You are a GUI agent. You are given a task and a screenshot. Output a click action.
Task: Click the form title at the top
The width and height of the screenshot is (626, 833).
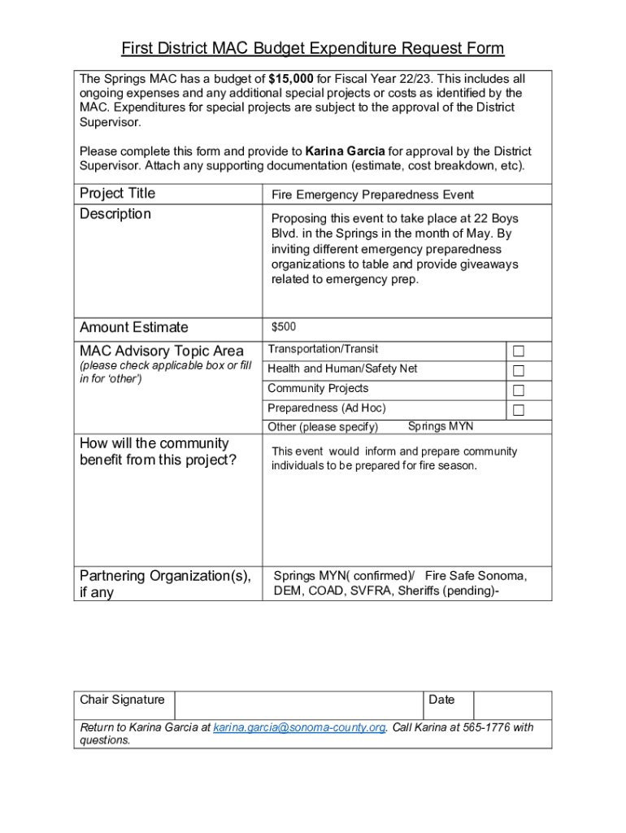313,49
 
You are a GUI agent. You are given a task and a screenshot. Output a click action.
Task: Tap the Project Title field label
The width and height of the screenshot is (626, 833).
117,194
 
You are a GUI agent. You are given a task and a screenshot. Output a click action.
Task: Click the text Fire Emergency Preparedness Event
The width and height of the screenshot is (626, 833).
372,195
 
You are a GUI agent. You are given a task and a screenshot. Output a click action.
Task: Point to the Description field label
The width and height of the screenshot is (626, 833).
115,214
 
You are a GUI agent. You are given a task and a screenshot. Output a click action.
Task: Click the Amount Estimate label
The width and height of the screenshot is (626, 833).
133,328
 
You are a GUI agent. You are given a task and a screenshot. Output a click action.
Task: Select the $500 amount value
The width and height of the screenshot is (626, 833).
284,327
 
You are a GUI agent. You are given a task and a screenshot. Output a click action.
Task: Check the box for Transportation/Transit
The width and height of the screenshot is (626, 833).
519,351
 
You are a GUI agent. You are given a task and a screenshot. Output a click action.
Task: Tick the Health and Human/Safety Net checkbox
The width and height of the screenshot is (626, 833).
519,371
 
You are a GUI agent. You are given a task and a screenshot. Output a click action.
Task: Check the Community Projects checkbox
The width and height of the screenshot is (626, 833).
519,390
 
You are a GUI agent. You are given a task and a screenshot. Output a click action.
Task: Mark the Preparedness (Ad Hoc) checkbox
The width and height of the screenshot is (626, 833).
519,410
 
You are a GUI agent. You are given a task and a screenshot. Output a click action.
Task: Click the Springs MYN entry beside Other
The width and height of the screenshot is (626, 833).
440,426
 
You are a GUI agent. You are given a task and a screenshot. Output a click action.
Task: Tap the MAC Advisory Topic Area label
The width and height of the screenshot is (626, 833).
161,351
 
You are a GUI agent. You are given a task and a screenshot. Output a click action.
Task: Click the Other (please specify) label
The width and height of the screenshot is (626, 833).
323,427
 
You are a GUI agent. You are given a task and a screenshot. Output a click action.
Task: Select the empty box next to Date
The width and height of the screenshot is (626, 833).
511,705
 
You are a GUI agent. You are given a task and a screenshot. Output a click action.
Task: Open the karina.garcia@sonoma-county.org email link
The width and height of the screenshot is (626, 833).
299,727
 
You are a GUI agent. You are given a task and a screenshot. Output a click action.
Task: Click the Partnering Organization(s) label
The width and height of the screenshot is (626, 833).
165,576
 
